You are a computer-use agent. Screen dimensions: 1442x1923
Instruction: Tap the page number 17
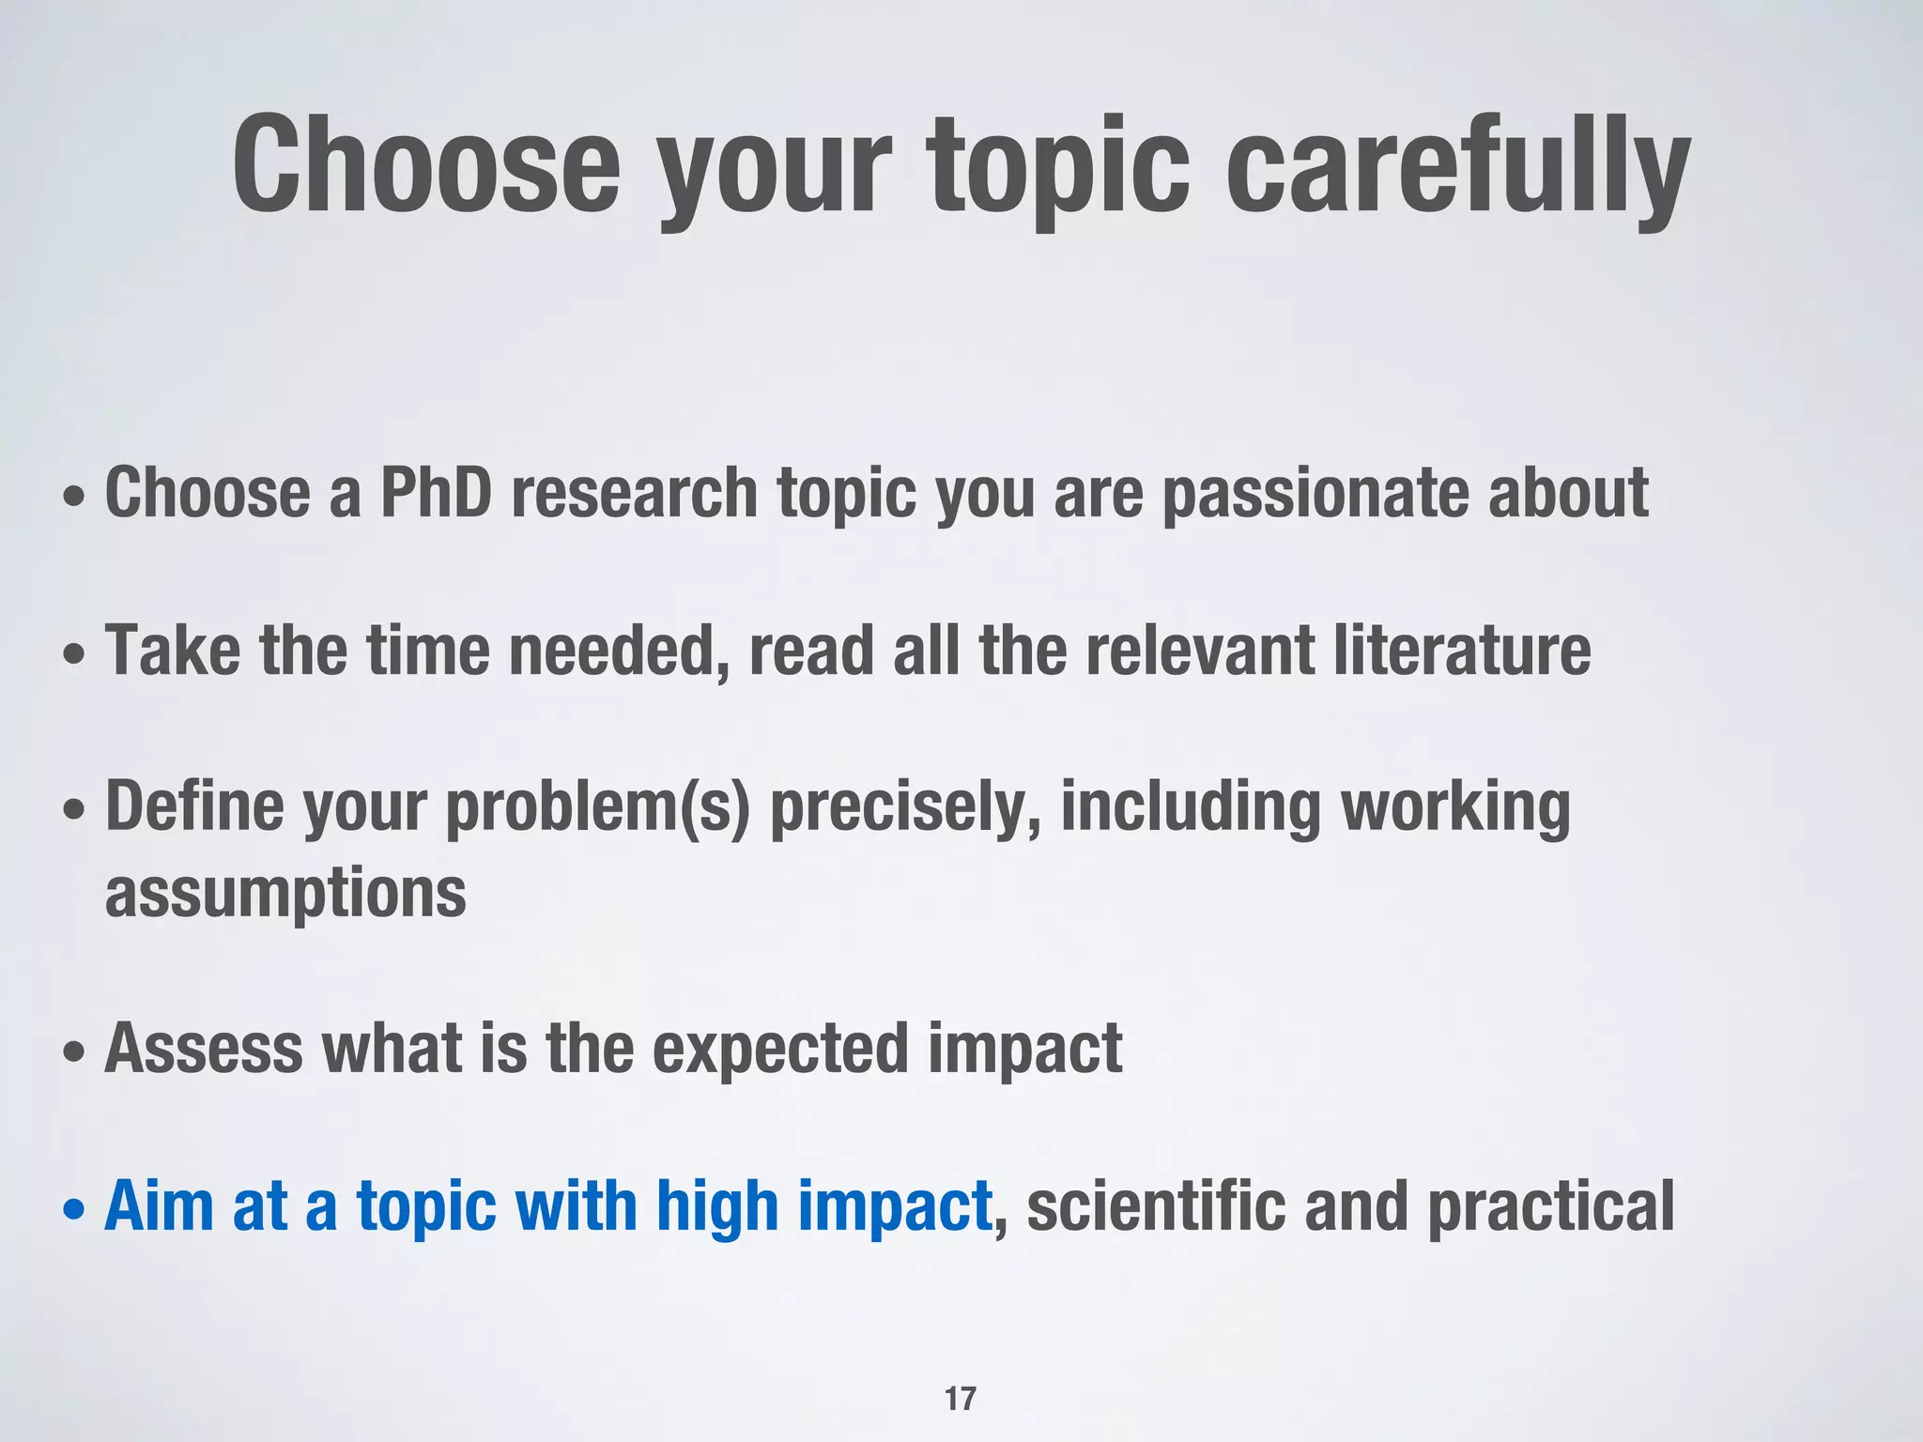coord(961,1399)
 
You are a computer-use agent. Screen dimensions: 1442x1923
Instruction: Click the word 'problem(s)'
coord(598,807)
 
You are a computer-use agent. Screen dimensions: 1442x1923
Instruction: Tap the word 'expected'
coord(780,1049)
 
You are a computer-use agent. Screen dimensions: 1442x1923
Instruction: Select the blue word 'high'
coord(717,1207)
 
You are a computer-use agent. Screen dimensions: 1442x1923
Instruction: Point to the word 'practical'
coord(1551,1207)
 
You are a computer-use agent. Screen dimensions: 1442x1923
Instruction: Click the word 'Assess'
coord(204,1049)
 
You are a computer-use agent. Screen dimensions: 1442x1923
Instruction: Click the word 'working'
coord(1455,807)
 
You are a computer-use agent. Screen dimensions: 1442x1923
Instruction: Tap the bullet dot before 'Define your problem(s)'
coord(74,809)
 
